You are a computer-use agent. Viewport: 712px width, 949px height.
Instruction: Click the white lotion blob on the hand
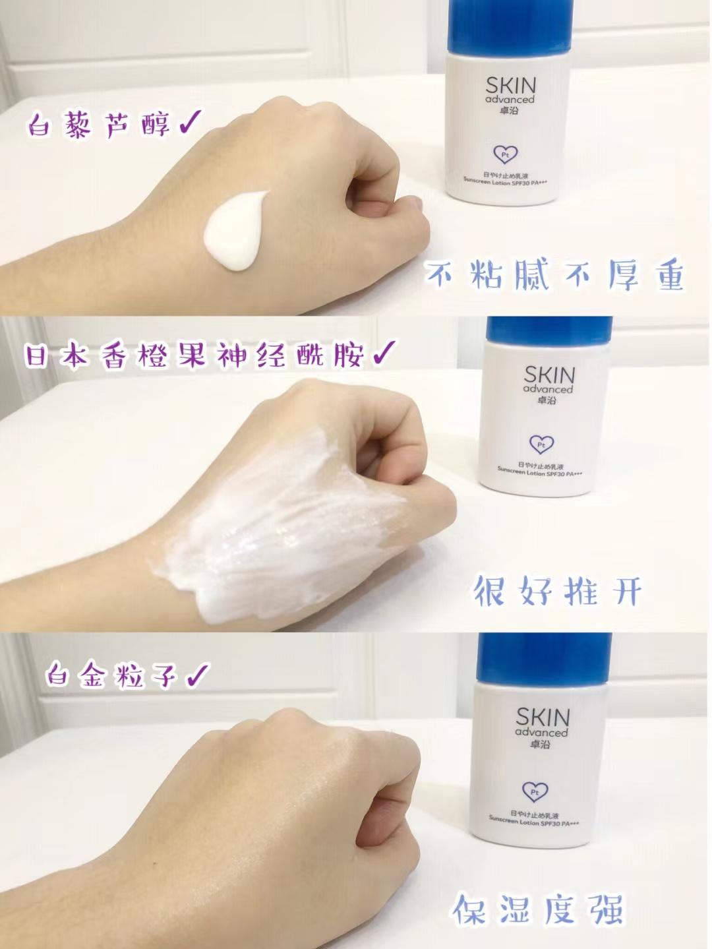[235, 231]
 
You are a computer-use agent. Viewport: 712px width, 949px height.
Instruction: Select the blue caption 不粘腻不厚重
[554, 274]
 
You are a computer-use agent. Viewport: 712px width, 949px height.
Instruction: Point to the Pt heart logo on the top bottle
[505, 154]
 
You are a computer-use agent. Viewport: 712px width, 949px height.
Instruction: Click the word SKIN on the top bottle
[510, 86]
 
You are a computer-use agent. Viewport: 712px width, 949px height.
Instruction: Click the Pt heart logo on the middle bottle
[542, 444]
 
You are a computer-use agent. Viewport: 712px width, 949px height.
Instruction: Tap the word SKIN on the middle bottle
[549, 375]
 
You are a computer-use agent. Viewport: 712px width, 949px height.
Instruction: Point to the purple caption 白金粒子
[111, 675]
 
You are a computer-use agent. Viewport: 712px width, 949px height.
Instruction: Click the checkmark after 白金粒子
[197, 675]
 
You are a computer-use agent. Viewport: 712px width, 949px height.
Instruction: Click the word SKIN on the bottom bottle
[542, 717]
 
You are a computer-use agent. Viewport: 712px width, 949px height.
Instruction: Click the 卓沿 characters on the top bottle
[510, 110]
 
